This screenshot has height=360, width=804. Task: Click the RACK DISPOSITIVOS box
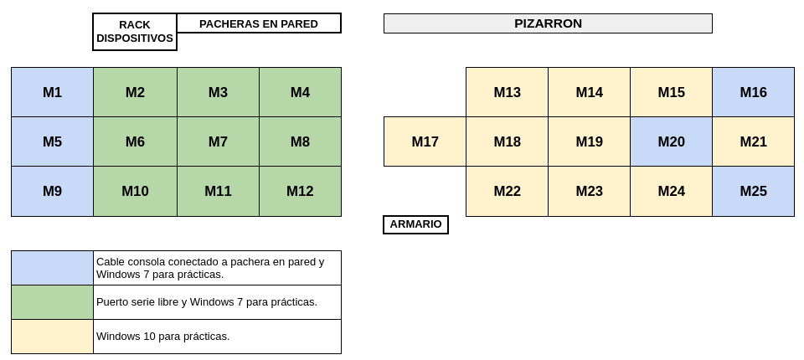pos(135,32)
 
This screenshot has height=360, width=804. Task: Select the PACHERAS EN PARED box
pos(259,23)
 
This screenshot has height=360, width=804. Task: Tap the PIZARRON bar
pos(548,23)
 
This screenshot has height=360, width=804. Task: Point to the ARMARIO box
pos(416,224)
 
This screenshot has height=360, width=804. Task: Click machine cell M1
pos(52,92)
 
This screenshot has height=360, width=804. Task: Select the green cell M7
pos(218,141)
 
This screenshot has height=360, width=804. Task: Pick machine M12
pos(300,191)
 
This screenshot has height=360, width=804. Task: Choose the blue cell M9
pos(52,191)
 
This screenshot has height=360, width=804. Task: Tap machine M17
pos(425,141)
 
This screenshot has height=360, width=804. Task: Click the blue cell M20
pos(671,141)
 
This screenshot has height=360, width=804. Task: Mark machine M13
pos(508,92)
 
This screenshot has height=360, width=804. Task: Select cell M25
pos(753,191)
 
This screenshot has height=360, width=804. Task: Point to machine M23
pos(589,191)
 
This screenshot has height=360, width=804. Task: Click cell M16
pos(753,92)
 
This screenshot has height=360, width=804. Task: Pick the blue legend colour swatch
pos(52,268)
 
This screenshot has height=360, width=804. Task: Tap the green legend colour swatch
pos(52,302)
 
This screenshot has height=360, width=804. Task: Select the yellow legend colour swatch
pos(52,337)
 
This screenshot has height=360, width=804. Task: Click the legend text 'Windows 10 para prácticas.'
pos(163,337)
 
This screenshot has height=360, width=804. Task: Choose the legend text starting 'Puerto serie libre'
pos(207,302)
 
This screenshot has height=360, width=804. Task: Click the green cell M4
pos(300,92)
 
